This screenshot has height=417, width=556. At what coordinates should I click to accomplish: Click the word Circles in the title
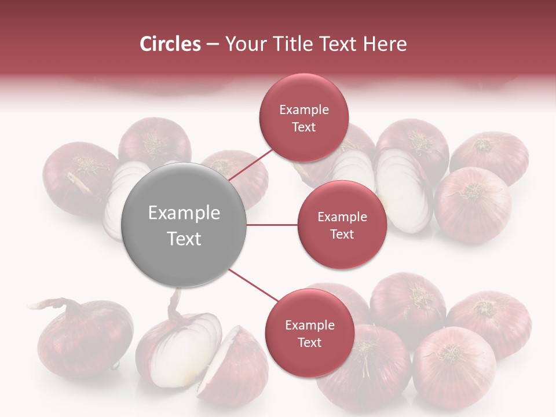[170, 44]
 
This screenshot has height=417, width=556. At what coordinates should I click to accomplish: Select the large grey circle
[184, 225]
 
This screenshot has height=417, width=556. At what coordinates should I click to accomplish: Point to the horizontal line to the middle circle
[272, 225]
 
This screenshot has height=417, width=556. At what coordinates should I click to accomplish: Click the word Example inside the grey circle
[184, 213]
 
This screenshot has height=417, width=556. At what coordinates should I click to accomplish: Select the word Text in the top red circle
[304, 127]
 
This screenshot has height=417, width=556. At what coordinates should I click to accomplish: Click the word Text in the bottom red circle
[309, 343]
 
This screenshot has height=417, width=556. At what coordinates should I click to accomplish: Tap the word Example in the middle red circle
[342, 217]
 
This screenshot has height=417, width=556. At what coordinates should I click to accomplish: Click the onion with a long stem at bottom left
[81, 336]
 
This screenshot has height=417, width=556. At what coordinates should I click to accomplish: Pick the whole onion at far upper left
[78, 177]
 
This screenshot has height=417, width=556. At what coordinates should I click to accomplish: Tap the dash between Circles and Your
[212, 45]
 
